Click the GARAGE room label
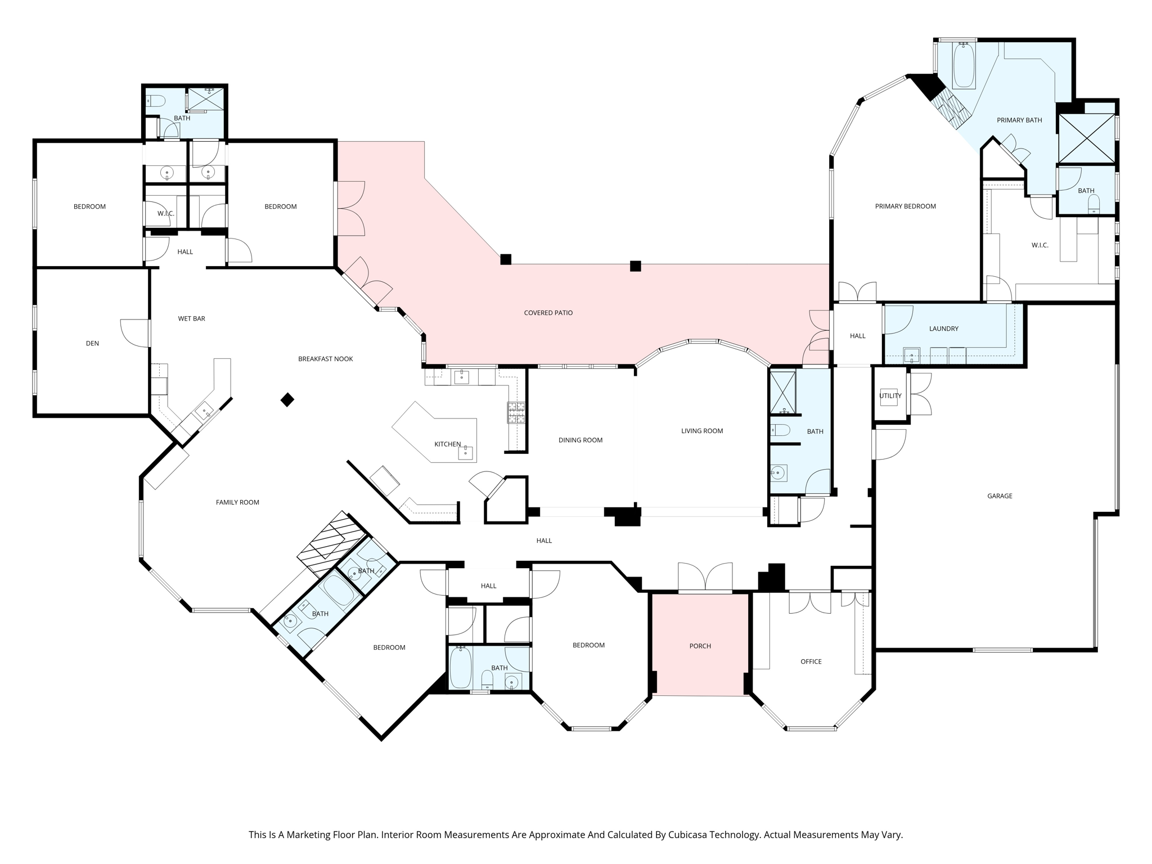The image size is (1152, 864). click(1000, 496)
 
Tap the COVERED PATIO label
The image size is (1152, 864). click(548, 313)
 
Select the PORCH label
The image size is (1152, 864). click(700, 646)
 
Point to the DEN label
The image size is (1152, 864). click(92, 343)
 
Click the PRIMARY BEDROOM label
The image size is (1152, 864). click(906, 206)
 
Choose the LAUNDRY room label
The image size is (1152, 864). click(944, 328)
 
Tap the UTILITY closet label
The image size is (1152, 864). click(890, 395)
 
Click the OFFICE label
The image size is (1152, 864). click(811, 661)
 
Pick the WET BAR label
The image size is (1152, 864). click(192, 318)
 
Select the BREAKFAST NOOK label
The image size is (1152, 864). click(326, 359)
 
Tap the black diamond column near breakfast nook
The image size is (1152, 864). click(287, 400)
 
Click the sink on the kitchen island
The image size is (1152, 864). click(465, 452)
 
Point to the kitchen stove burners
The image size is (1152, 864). click(516, 412)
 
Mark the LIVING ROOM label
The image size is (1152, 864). click(702, 431)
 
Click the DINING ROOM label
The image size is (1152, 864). click(580, 440)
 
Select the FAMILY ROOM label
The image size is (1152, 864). click(237, 502)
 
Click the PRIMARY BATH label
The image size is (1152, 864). click(1019, 120)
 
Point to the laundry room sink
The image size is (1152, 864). click(911, 355)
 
